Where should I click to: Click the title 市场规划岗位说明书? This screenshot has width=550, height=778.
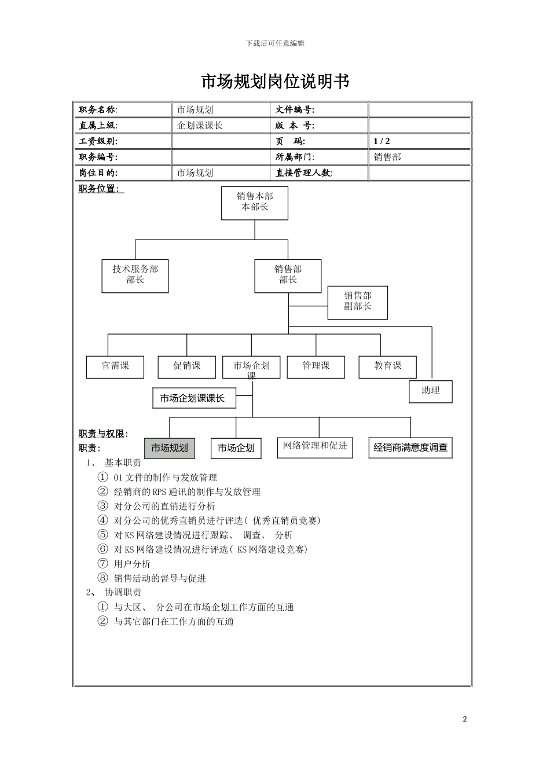275,82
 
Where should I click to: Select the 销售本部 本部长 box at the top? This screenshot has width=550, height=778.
255,203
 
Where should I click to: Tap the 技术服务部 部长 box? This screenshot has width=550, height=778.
135,276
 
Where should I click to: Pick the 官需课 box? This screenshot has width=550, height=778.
115,366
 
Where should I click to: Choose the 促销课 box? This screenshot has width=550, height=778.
186,366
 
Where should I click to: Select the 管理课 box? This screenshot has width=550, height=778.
316,366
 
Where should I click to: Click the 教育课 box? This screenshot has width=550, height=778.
387,366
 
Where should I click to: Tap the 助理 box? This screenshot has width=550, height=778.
430,391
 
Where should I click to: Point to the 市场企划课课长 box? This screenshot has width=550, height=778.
194,398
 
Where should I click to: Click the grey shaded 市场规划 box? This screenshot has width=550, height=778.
170,448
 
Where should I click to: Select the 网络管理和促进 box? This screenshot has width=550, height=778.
315,447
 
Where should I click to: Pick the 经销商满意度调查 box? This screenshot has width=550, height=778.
410,448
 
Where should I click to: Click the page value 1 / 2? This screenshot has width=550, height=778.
382,141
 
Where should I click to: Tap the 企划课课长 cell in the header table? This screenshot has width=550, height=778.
200,126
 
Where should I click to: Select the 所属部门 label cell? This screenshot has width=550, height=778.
295,157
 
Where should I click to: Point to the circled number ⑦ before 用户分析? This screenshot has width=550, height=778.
103,564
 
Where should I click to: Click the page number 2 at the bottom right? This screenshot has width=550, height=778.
464,720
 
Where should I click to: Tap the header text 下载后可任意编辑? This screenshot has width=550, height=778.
275,43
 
